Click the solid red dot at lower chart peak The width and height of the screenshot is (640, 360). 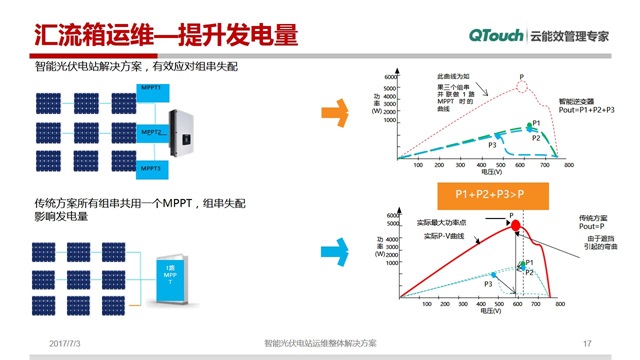pyautogui.click(x=516, y=226)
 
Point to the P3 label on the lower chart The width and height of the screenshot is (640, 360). pyautogui.click(x=488, y=284)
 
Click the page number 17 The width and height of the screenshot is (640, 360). pyautogui.click(x=587, y=343)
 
